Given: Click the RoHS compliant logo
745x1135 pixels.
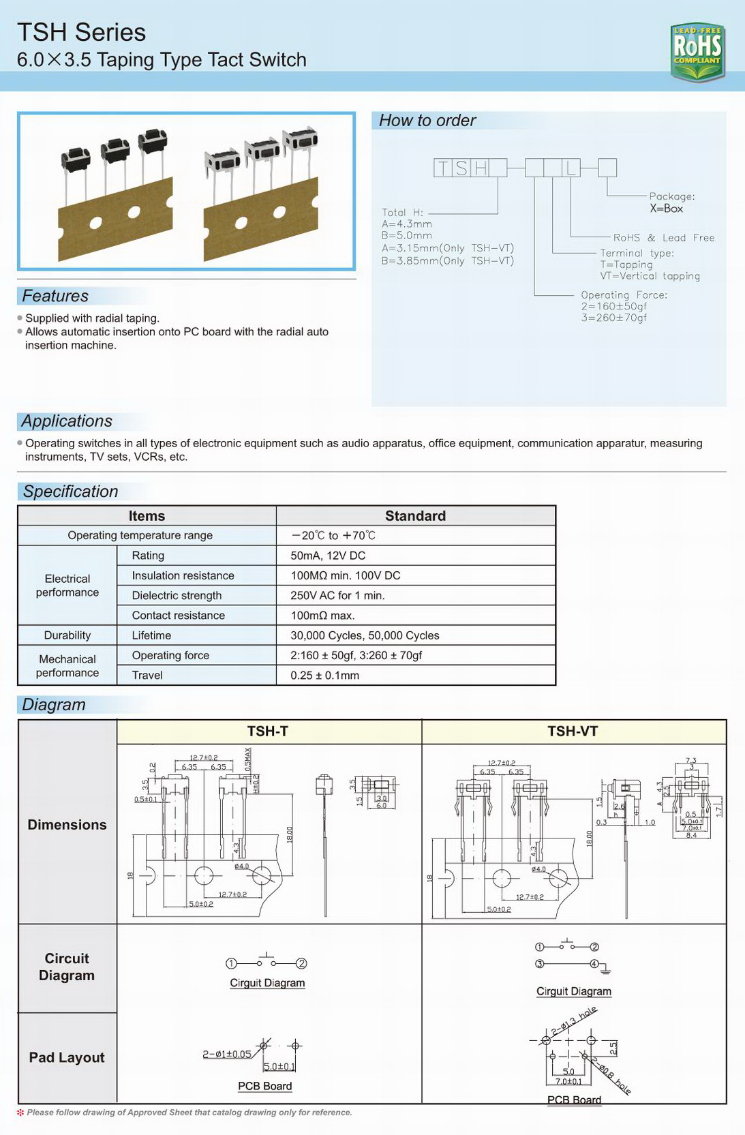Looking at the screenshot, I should point(697,51).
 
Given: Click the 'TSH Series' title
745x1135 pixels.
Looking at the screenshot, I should point(81,32).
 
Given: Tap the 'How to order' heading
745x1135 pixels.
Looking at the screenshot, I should point(427,121).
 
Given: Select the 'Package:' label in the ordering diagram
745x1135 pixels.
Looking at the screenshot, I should point(671,196).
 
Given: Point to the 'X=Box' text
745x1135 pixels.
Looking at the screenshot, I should point(666,209).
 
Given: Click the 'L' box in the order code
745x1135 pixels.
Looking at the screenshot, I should point(571,168).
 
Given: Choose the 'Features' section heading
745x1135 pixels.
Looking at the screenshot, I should point(55,296).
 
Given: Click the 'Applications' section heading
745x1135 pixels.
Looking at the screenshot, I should point(67,421).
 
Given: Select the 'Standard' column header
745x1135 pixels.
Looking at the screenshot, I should point(415,516).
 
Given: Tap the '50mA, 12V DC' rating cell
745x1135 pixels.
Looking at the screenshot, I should point(328,556).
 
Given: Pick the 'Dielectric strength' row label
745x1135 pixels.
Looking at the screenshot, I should point(177,595).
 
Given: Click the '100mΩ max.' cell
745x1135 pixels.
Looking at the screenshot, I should point(322,616).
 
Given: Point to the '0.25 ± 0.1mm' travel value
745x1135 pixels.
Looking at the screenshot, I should point(324,676).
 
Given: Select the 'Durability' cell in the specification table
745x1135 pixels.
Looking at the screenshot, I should point(67,635).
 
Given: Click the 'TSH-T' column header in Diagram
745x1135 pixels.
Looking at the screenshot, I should point(267,731).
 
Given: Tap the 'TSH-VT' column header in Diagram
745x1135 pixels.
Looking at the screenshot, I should point(573,731).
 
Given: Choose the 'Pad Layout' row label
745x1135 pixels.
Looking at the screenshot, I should point(67,1057).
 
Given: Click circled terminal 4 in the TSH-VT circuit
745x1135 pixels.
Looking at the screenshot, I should point(594,963).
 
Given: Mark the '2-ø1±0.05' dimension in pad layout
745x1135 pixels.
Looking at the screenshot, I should point(226,1055).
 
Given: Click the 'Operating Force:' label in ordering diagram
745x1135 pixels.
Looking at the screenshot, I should point(624,295).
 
